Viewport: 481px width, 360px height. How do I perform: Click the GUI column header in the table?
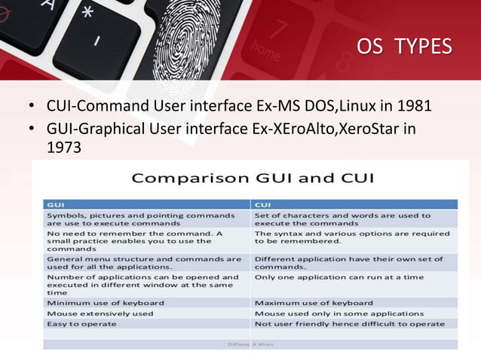point(56,203)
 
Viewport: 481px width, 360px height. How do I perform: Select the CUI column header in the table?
point(263,203)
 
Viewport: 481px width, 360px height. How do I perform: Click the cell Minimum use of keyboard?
point(105,303)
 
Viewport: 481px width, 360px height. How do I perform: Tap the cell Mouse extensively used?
point(100,313)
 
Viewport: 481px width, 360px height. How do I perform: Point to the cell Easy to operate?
point(81,324)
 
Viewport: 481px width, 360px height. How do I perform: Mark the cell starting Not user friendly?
point(349,324)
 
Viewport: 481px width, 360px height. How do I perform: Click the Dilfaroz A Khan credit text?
point(251,344)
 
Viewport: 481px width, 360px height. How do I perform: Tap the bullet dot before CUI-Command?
point(31,104)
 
